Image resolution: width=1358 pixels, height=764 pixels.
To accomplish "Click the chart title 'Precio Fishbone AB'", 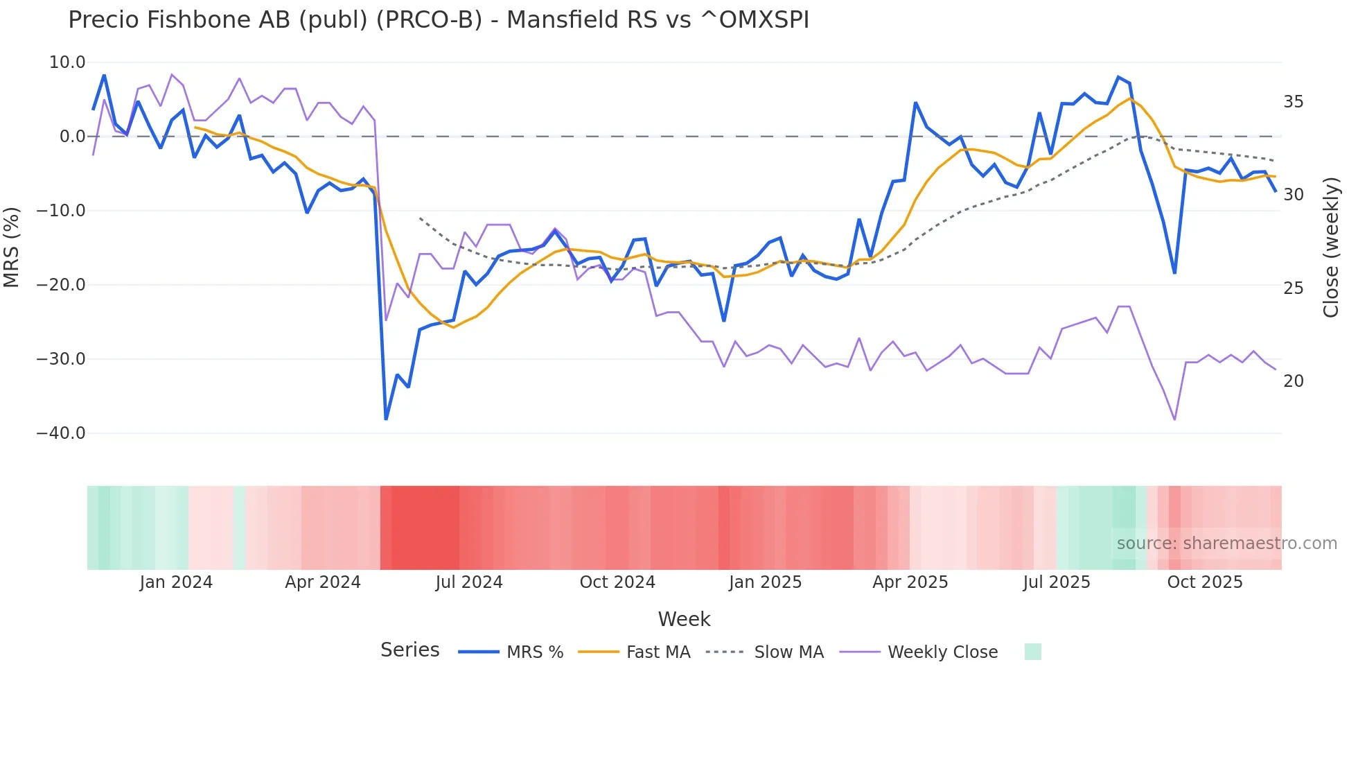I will pos(438,20).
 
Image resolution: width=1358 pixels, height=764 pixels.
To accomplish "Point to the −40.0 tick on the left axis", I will pos(61,433).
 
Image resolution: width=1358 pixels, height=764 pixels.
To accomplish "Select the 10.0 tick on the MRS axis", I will pos(67,62).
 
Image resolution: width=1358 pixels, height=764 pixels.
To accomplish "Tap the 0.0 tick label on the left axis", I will pos(72,137).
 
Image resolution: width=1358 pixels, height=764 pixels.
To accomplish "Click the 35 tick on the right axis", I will pos(1293,102).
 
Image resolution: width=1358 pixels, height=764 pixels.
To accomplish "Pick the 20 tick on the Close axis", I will pos(1293,381).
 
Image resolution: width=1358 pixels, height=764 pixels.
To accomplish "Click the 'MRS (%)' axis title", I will pos(12,247).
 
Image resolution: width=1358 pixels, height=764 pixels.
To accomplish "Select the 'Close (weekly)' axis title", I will pos(1330,247).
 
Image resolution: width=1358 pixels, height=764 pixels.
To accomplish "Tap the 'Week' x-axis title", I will pos(684,619).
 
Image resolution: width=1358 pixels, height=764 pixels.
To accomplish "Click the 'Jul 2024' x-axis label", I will pos(469,582).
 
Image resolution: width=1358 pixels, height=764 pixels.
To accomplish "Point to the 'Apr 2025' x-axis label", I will pos(910,582).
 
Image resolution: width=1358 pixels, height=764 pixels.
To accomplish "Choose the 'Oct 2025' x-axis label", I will pos(1205,582).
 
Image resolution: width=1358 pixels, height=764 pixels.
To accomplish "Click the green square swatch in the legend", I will pos(1032,652).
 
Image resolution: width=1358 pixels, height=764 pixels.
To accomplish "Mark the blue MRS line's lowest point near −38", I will pos(386,419).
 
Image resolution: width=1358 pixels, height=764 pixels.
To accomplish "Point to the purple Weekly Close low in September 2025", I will pos(1174,419).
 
